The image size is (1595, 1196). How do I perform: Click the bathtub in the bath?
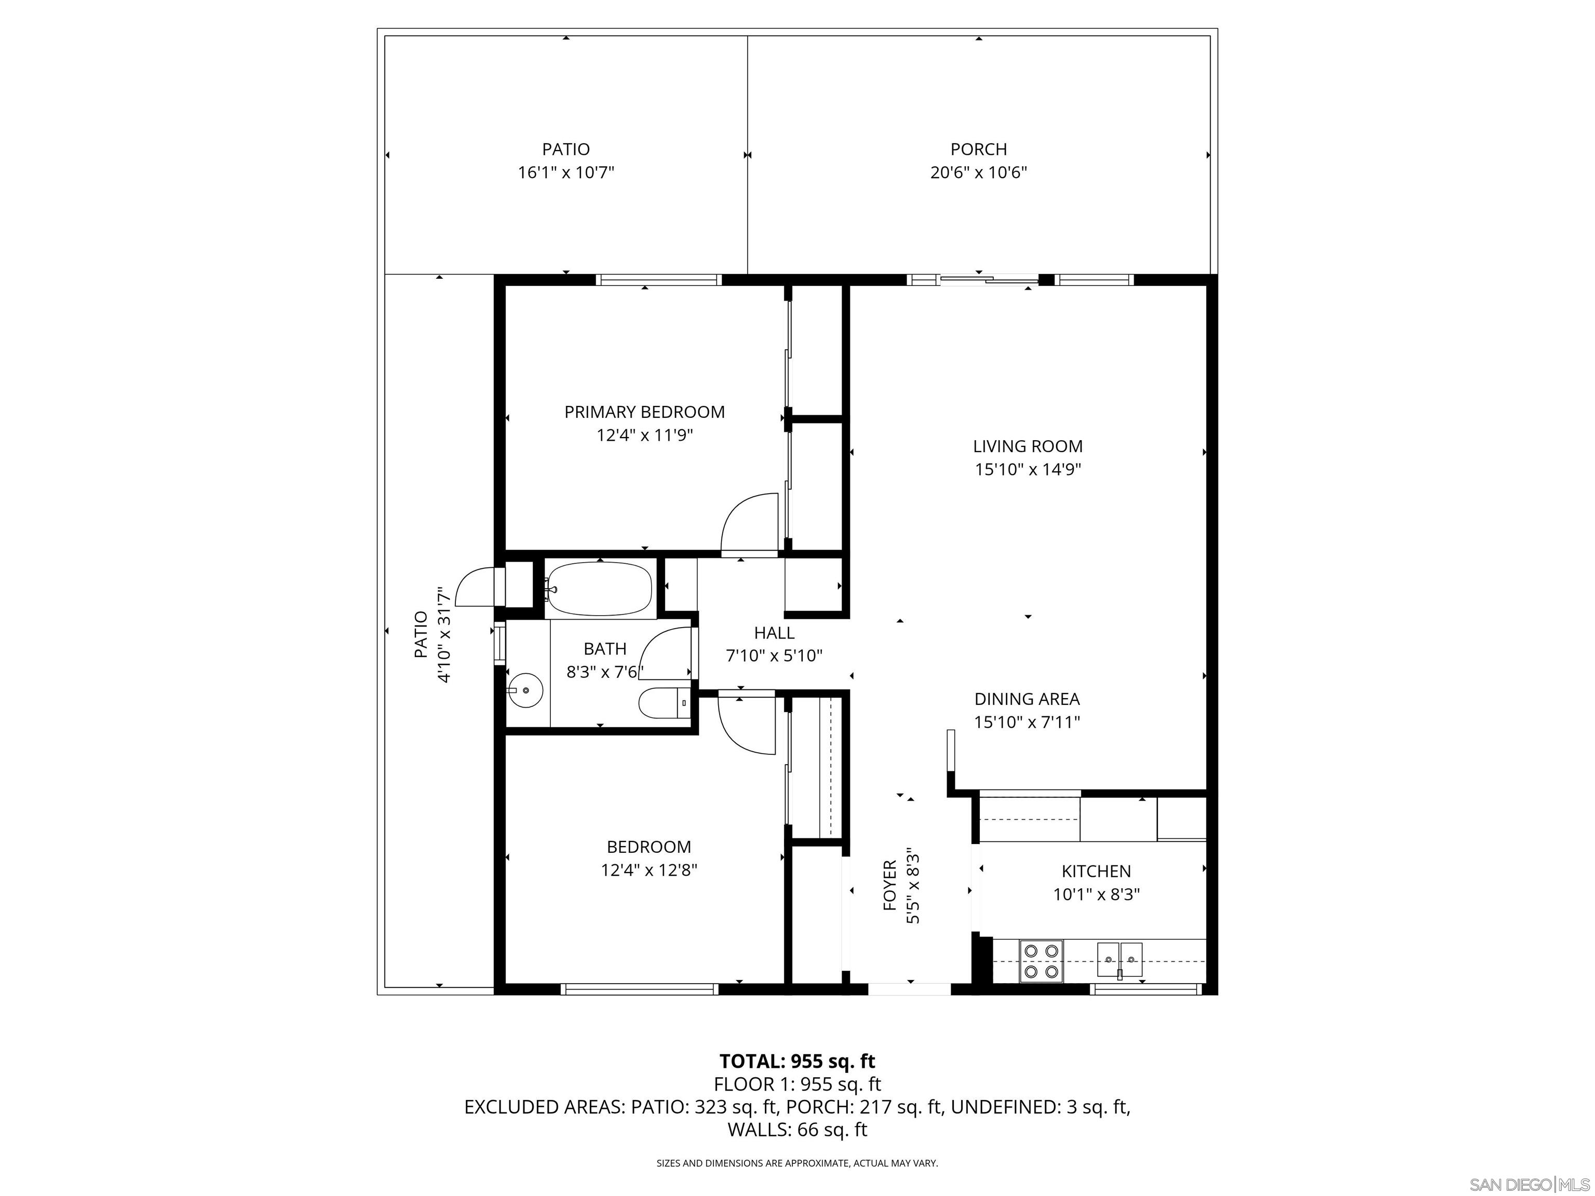click(x=599, y=589)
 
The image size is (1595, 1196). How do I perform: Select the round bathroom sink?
click(x=525, y=690)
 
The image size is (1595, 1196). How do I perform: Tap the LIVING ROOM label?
click(x=1028, y=446)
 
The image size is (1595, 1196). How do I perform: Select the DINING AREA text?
click(x=1027, y=699)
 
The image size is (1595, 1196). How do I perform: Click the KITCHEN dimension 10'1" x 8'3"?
click(x=1096, y=894)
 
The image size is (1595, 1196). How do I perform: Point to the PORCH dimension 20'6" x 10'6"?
click(x=979, y=172)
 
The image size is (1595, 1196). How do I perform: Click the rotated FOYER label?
click(x=890, y=885)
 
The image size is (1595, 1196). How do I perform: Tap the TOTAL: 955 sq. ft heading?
click(x=797, y=1061)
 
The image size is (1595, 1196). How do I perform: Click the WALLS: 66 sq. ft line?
click(x=797, y=1129)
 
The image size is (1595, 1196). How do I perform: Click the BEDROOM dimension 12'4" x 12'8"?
click(x=649, y=870)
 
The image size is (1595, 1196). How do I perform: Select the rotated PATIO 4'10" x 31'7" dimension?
click(x=444, y=635)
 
